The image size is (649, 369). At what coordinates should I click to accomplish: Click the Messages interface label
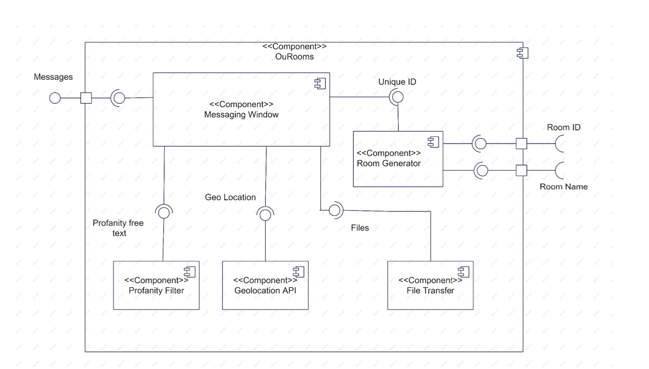53,77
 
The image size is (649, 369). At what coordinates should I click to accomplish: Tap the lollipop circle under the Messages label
55,98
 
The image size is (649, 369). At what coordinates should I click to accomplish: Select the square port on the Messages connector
86,98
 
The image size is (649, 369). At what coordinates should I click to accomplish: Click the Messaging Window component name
241,114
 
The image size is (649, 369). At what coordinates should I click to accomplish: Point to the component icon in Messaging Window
320,84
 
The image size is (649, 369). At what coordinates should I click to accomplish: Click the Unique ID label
397,82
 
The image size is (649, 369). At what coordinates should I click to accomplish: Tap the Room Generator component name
388,164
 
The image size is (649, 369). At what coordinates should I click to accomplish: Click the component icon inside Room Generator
434,142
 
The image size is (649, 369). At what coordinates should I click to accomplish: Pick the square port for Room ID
521,144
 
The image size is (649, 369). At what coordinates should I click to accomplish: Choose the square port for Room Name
521,170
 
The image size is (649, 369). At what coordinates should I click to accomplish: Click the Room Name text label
564,186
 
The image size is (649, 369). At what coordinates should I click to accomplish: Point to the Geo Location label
230,197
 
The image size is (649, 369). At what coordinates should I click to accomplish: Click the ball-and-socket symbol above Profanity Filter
164,212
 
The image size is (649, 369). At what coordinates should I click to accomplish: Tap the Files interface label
360,228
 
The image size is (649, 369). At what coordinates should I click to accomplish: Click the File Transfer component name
430,291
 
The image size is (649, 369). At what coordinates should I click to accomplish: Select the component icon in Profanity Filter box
190,272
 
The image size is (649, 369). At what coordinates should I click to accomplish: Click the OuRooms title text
294,56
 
